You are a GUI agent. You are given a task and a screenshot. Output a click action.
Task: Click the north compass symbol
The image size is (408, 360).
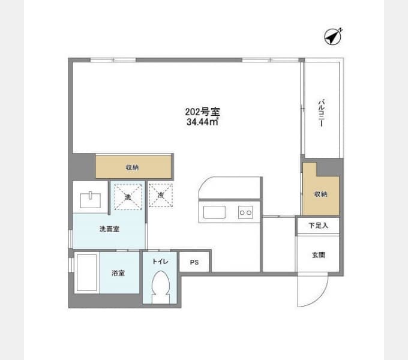pos(333,37)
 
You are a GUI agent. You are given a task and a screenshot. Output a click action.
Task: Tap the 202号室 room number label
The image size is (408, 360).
pos(202,112)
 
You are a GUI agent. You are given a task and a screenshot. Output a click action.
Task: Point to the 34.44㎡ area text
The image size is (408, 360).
pos(202,122)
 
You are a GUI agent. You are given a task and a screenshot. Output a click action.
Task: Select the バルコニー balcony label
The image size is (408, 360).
pos(322,113)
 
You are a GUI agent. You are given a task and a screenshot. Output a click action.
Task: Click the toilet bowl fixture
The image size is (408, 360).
pos(161,286)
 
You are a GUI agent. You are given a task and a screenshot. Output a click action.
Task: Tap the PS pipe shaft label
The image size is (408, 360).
pos(194,262)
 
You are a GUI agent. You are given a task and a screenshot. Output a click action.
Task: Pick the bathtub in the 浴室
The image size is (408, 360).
pos(87,272)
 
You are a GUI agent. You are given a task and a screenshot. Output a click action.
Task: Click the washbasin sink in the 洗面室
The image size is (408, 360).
pos(91,200)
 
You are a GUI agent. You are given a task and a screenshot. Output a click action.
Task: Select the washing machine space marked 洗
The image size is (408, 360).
pos(128,197)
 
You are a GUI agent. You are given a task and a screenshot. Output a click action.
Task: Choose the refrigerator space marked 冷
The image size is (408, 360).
pos(161,195)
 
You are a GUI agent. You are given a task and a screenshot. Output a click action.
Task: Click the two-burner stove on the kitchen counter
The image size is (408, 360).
pos(245,212)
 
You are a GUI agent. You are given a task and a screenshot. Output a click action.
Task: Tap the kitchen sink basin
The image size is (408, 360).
pos(214,212)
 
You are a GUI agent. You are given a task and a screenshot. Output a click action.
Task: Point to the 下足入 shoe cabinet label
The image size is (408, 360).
pos(319,226)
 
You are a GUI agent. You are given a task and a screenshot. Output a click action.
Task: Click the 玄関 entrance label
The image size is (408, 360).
pos(319,255)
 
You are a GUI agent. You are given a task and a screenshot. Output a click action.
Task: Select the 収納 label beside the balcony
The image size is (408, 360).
pos(320,194)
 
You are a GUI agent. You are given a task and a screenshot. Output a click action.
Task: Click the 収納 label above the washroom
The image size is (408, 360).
pos(133,168)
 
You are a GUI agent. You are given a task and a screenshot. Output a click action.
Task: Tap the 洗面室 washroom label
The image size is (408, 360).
pos(110,229)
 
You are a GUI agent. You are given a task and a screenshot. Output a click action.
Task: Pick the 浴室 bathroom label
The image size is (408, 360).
pos(118,273)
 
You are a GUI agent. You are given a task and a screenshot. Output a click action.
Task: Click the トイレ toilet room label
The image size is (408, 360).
pos(160,262)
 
